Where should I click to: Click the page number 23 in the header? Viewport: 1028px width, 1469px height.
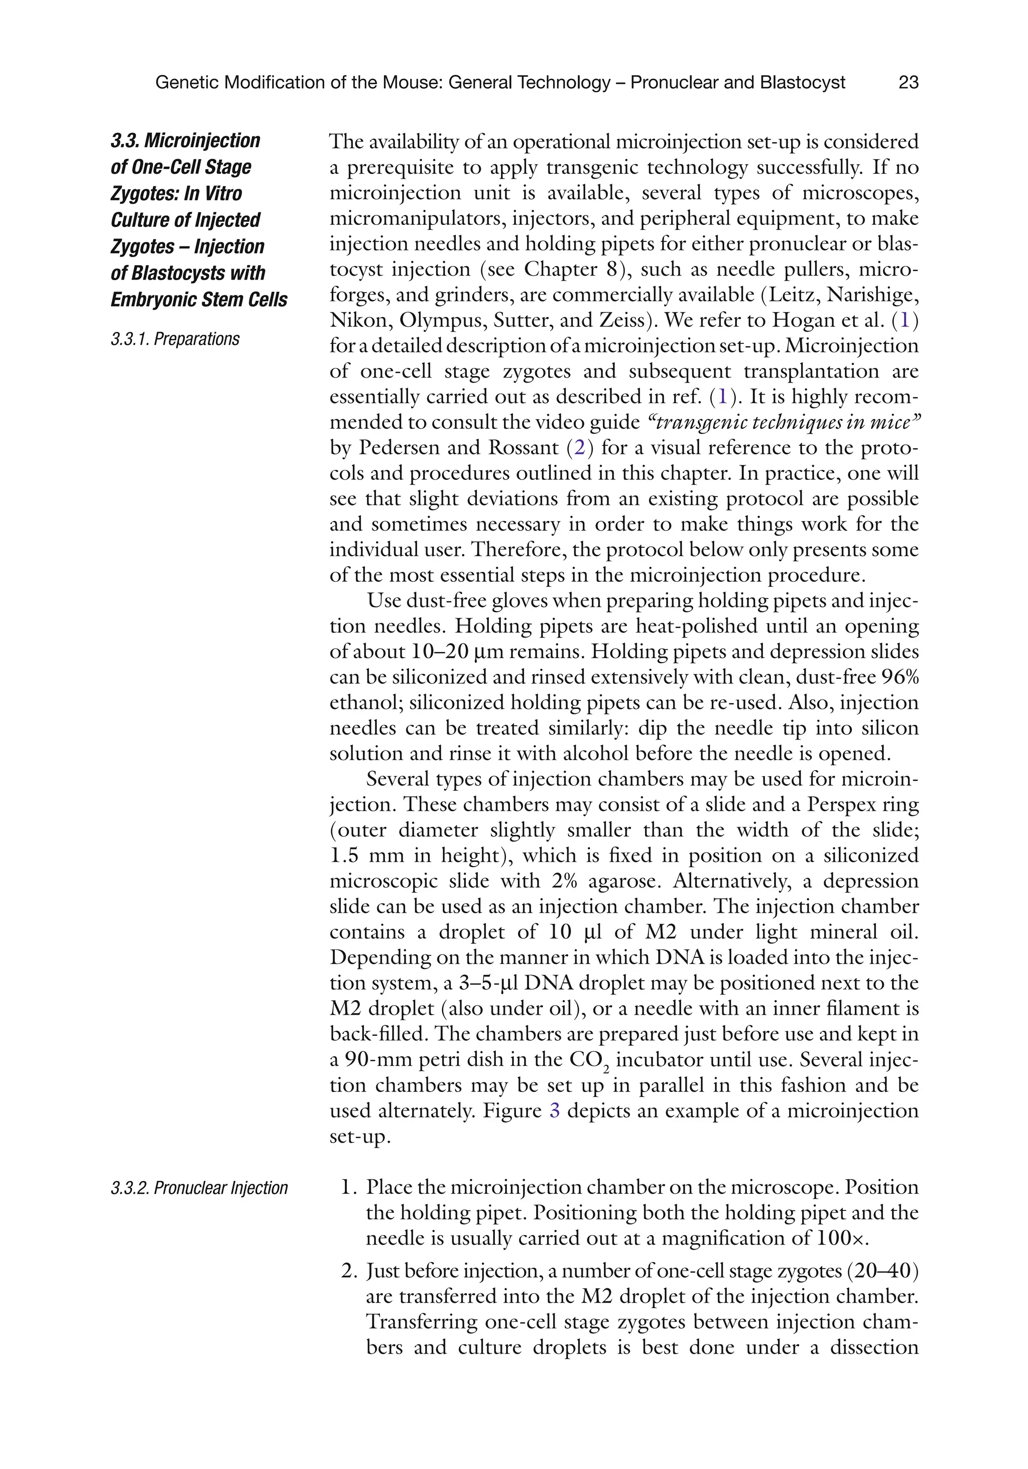(909, 82)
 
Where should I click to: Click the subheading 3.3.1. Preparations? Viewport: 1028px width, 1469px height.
(175, 339)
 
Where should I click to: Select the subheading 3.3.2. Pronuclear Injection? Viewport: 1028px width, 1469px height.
(199, 1188)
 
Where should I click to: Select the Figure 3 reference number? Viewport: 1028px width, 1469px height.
(555, 1110)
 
